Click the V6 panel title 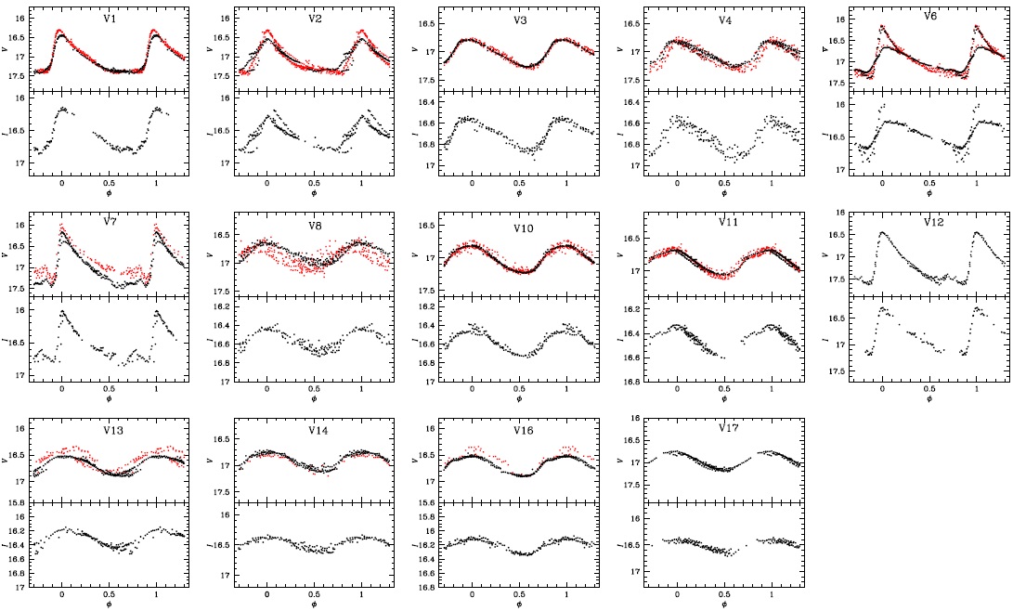tap(929, 17)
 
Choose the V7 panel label tap(110, 224)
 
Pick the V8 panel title tap(314, 224)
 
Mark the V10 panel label tap(519, 224)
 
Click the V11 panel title tap(724, 223)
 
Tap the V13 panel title tap(110, 429)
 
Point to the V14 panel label tap(314, 429)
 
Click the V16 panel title tap(519, 429)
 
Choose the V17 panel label tap(729, 428)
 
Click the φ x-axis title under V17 tap(723, 605)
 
